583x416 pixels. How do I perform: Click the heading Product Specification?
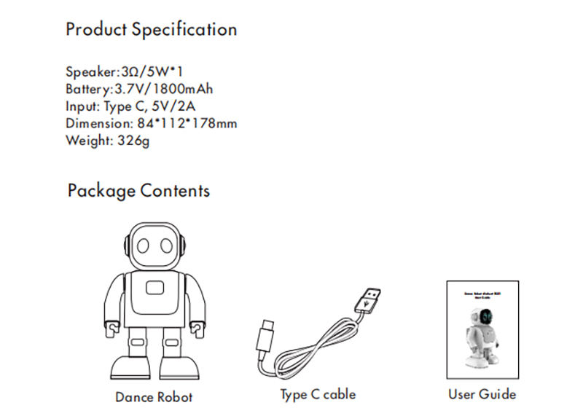[151, 30]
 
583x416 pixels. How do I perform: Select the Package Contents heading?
[138, 191]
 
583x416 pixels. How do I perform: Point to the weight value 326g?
[133, 141]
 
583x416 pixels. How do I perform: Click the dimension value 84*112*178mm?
[187, 124]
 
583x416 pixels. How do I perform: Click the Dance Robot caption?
[154, 397]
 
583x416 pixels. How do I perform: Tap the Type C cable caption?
[318, 394]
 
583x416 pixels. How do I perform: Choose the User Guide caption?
[482, 394]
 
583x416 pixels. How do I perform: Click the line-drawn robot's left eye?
[144, 246]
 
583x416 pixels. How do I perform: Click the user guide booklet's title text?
[482, 294]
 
